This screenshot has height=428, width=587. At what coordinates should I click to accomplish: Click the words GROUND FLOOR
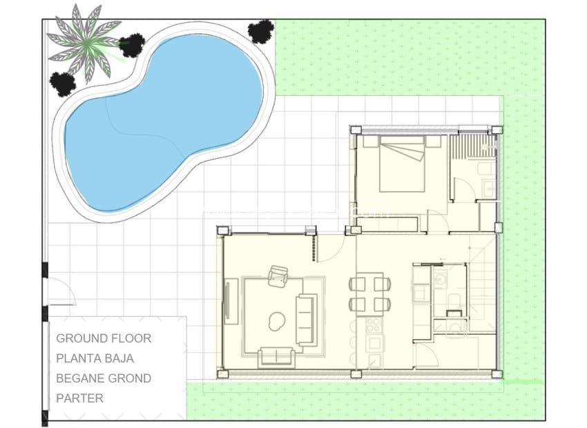[x=104, y=338]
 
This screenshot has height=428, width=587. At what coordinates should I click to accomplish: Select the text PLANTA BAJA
[x=95, y=358]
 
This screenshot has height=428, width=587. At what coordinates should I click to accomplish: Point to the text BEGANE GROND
[x=104, y=378]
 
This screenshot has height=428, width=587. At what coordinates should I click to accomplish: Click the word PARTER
[x=79, y=398]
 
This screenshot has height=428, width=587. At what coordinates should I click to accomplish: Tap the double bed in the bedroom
[x=401, y=164]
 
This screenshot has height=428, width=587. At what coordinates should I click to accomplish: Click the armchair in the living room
[x=279, y=276]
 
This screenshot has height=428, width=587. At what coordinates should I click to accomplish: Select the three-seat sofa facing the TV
[x=305, y=320]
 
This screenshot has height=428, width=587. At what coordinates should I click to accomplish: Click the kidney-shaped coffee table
[x=278, y=320]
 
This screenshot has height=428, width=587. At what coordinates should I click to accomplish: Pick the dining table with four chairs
[x=369, y=293]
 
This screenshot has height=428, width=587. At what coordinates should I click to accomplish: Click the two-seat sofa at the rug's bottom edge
[x=276, y=357]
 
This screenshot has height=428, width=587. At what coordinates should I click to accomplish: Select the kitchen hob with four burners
[x=374, y=325]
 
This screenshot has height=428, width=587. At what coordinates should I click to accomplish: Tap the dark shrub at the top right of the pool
[x=261, y=31]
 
